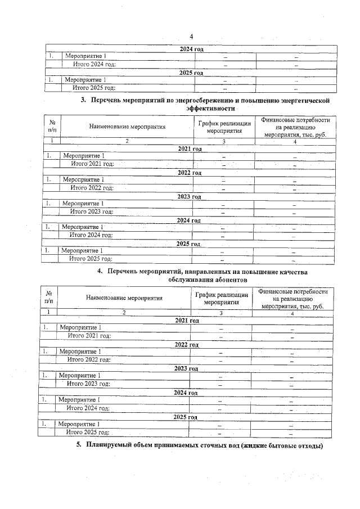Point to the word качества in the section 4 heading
[288, 272]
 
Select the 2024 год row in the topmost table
[191, 49]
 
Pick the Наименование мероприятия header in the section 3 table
[127, 127]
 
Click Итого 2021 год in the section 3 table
[93, 164]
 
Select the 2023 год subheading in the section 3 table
[189, 197]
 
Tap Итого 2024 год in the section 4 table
[88, 408]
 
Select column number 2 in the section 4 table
[124, 312]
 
